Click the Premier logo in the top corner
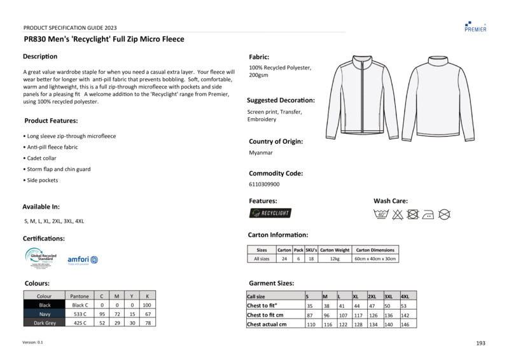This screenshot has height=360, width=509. (x=475, y=26)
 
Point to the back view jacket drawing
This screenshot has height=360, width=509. (x=438, y=97)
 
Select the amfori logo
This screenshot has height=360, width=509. (x=83, y=260)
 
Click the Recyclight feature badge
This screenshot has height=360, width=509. (x=270, y=213)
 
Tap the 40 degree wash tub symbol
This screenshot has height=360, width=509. (x=382, y=214)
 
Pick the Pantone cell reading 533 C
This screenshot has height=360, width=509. (x=80, y=314)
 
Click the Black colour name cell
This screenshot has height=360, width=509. (x=45, y=305)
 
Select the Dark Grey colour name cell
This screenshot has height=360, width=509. (x=45, y=323)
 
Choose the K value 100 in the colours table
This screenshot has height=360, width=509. (x=146, y=305)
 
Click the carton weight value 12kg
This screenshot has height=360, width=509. (x=335, y=259)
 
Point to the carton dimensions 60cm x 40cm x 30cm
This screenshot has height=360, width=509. (x=375, y=259)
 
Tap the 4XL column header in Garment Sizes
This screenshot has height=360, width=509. (x=405, y=296)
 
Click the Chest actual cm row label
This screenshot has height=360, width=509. (x=267, y=324)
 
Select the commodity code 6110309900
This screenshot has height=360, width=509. (x=264, y=184)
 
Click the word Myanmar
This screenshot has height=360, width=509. (x=261, y=153)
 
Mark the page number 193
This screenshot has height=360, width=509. (x=480, y=343)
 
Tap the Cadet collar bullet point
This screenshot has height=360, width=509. (x=41, y=158)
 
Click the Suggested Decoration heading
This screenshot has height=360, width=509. (x=281, y=100)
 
